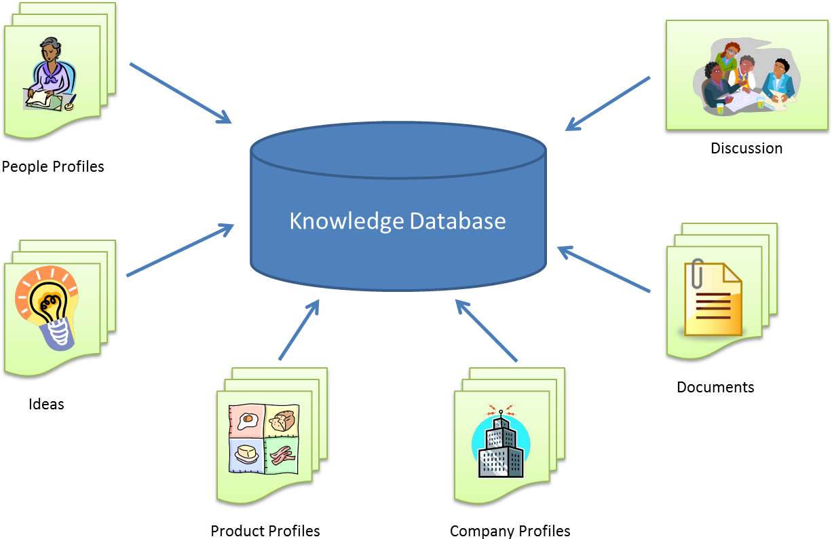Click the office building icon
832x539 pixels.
point(501,445)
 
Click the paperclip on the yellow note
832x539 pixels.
point(696,275)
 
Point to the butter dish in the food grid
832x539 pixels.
point(246,453)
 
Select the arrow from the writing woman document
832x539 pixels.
point(180,93)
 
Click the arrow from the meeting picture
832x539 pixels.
point(607,103)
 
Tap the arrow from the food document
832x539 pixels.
point(299,330)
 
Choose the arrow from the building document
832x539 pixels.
point(487,331)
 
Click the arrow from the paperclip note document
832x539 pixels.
point(603,269)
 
